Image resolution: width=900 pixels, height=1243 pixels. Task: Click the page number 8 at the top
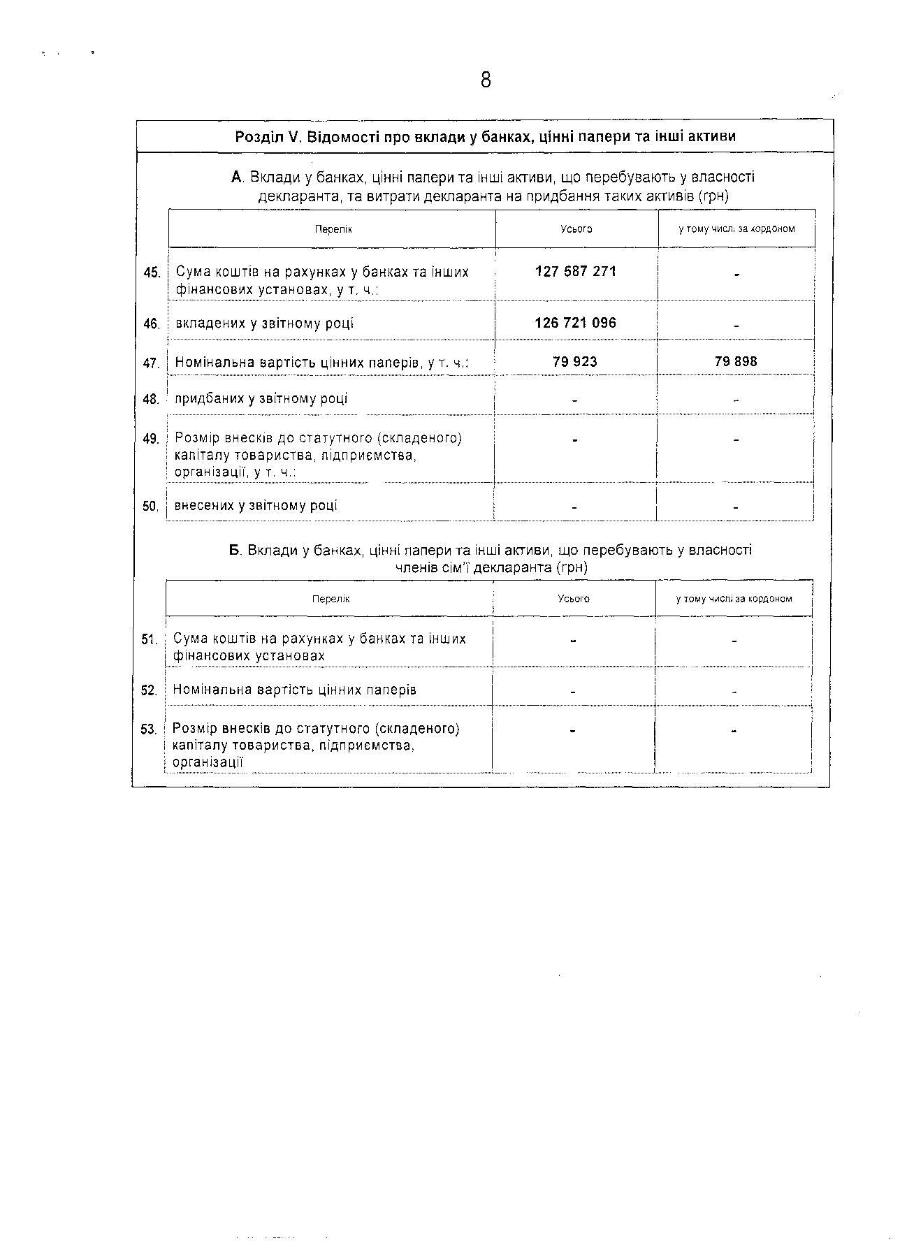point(486,80)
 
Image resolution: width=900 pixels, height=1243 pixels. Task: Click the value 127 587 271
point(576,271)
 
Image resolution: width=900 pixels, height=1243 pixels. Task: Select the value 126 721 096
point(576,323)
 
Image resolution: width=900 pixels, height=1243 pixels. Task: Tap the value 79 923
point(575,361)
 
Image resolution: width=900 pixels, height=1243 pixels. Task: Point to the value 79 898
point(736,361)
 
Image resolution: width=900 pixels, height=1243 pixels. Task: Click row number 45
point(152,272)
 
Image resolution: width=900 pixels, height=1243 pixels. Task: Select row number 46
point(152,324)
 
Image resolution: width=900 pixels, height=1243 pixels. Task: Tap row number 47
point(152,363)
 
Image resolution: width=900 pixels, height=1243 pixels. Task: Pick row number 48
point(151,400)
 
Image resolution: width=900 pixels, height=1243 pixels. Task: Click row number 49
point(151,439)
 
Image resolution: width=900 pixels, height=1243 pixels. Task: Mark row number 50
point(151,507)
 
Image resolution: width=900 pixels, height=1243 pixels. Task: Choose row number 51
point(150,639)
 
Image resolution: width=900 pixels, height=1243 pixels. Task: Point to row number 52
point(150,690)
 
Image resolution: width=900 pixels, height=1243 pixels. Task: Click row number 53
point(149,729)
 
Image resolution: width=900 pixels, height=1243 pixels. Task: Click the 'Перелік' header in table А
point(333,229)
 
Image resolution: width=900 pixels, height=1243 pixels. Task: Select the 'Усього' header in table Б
point(574,599)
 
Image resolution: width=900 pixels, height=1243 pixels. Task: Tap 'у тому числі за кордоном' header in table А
point(736,229)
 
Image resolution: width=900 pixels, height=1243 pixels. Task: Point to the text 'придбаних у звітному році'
point(261,399)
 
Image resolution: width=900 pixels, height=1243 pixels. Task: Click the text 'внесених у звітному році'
point(256,505)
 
